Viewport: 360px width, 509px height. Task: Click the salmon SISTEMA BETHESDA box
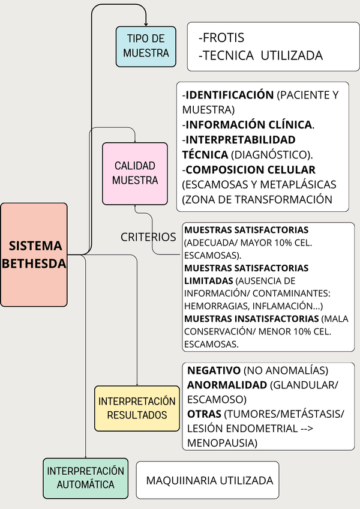pyautogui.click(x=34, y=254)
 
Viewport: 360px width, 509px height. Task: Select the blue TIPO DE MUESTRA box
pyautogui.click(x=146, y=46)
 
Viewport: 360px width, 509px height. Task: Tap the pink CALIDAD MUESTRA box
pyautogui.click(x=134, y=173)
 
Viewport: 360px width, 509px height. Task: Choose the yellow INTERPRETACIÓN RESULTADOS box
pyautogui.click(x=137, y=408)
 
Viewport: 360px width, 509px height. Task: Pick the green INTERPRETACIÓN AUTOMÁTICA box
pyautogui.click(x=85, y=477)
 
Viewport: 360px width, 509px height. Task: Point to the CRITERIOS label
pyautogui.click(x=148, y=237)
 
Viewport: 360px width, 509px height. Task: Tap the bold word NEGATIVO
pyautogui.click(x=214, y=370)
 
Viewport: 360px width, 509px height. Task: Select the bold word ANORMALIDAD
pyautogui.click(x=227, y=385)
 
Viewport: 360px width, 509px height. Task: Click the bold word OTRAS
pyautogui.click(x=204, y=414)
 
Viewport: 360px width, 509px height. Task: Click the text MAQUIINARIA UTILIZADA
pyautogui.click(x=209, y=480)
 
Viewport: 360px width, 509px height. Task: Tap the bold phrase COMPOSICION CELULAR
pyautogui.click(x=250, y=170)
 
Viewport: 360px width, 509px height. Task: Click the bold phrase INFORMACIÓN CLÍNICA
pyautogui.click(x=249, y=125)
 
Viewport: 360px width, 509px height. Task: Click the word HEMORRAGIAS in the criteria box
pyautogui.click(x=212, y=305)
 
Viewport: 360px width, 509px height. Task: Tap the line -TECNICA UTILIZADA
pyautogui.click(x=260, y=55)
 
